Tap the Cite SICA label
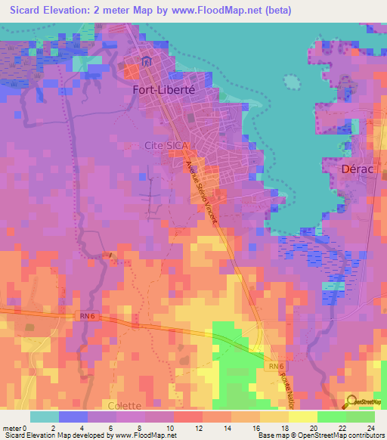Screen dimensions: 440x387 [166, 144]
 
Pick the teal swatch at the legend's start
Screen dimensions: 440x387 [44, 417]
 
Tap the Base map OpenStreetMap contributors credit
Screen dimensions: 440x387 [319, 435]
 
